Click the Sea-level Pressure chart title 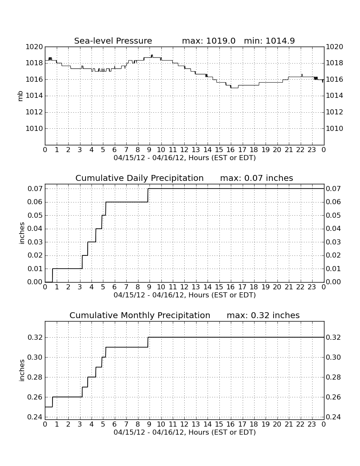113,41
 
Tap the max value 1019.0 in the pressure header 221,41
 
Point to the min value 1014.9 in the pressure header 280,41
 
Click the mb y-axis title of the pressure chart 20,96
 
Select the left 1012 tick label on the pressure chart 34,112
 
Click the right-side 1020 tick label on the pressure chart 335,47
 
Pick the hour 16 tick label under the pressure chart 230,150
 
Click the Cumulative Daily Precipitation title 139,178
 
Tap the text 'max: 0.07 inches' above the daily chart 256,178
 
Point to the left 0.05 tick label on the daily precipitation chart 35,216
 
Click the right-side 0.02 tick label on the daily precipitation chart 333,255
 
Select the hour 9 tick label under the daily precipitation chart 150,287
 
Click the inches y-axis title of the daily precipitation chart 21,233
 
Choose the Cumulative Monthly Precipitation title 140,315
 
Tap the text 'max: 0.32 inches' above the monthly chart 263,315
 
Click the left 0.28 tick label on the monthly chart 35,377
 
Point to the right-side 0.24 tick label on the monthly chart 333,417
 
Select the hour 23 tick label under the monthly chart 312,424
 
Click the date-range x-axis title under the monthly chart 185,432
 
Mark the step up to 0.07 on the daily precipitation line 148,195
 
